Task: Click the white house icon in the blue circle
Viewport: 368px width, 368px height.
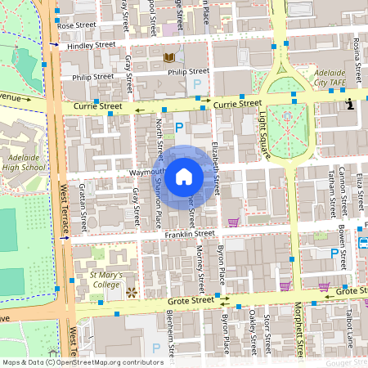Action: [x=184, y=176]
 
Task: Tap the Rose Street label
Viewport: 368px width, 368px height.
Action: [x=77, y=25]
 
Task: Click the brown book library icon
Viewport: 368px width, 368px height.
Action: [x=169, y=57]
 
